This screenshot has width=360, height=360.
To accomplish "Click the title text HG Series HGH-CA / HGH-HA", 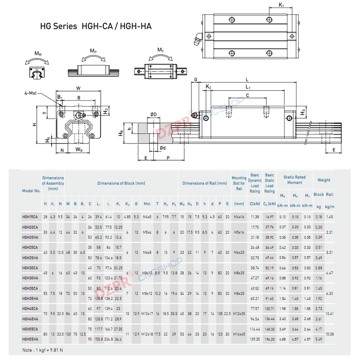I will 95,26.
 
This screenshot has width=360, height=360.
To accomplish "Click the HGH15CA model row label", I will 30,217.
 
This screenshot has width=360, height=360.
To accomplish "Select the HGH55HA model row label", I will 30,338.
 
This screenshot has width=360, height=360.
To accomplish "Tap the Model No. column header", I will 31,191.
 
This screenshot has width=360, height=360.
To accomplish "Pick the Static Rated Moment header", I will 294,180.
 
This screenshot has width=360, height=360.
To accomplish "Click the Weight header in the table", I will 324,180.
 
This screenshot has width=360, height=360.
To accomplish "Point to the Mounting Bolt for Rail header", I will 239,183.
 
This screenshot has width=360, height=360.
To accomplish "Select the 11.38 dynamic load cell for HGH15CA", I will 255,217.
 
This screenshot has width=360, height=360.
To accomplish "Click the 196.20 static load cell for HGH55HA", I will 270,338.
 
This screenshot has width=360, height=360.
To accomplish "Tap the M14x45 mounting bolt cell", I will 239,334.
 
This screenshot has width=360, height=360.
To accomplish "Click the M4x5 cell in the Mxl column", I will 147,217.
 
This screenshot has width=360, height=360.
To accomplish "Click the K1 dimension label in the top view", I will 282,5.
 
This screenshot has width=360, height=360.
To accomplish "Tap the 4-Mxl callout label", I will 31,93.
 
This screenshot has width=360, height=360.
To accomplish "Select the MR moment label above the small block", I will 37,54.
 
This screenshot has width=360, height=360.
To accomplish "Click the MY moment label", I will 161,50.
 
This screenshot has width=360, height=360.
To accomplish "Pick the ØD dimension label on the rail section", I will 153,114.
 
